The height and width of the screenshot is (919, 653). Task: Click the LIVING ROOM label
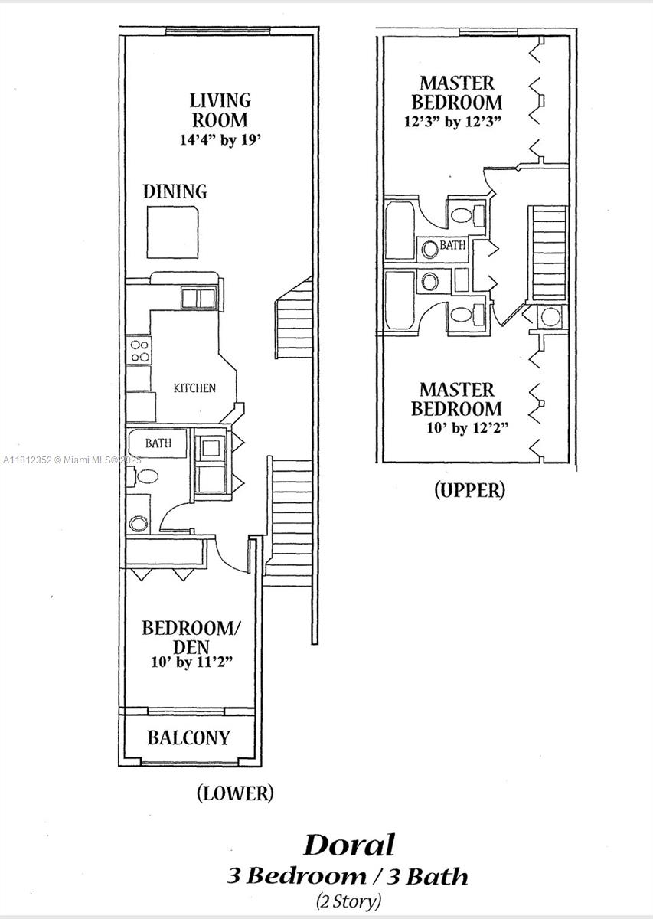click(x=220, y=110)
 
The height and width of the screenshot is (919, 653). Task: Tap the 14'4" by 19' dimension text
click(x=220, y=140)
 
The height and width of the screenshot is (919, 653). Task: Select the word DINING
click(x=175, y=191)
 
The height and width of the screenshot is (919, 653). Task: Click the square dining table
click(x=173, y=232)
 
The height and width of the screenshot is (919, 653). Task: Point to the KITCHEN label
click(x=194, y=388)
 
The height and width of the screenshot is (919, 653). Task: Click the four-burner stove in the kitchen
click(x=139, y=352)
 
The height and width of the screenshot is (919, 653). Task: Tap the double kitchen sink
click(x=199, y=298)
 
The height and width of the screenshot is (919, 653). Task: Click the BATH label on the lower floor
click(x=158, y=443)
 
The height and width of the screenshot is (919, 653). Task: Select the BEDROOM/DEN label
click(x=191, y=637)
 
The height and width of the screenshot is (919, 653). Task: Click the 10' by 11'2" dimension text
click(x=192, y=662)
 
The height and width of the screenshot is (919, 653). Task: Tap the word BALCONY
click(x=188, y=737)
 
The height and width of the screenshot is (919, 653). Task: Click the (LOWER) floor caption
click(x=235, y=793)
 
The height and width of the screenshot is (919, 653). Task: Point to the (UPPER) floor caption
click(x=469, y=490)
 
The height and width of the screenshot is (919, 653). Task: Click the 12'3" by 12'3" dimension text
click(x=453, y=122)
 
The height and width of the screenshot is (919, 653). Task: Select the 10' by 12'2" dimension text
click(x=467, y=428)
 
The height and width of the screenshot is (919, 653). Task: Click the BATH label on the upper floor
click(x=453, y=245)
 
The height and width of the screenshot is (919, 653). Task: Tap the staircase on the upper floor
click(x=549, y=253)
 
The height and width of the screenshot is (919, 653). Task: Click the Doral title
click(x=349, y=845)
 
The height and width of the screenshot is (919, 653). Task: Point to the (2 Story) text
click(x=348, y=902)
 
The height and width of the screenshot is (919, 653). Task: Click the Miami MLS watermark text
click(x=72, y=460)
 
